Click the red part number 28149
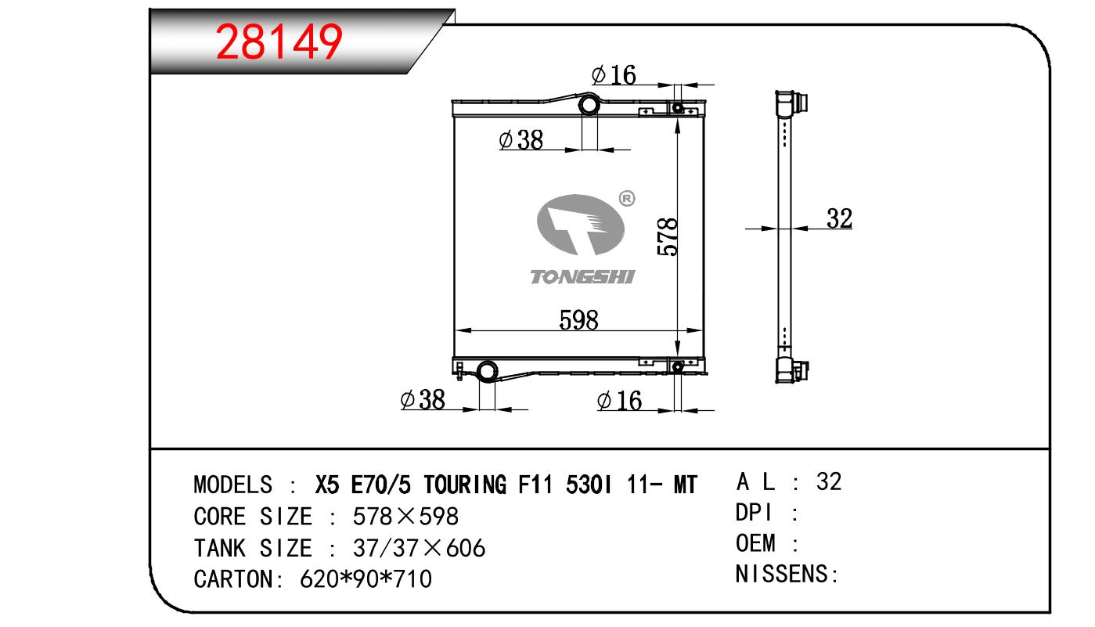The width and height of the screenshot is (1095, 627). pos(279,41)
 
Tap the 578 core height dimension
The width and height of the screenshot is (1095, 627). pos(668,237)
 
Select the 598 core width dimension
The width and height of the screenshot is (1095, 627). pos(578,320)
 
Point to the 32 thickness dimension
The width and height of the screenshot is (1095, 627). pos(839,218)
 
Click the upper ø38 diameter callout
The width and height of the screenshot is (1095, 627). pos(521,140)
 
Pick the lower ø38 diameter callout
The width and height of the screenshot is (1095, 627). pos(423,400)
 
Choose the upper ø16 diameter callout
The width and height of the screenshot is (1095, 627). pos(614,75)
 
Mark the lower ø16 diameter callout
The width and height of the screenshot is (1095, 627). pos(619,401)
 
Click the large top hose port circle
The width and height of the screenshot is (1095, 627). pos(589,105)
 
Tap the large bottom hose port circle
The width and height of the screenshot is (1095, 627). pos(487,371)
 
